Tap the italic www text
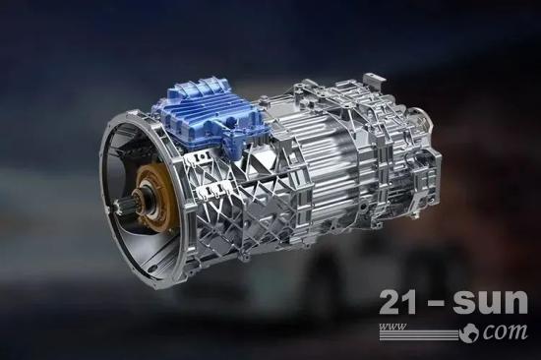click(392, 327)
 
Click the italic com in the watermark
click(505, 331)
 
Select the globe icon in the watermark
click(470, 333)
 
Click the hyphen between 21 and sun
click(436, 304)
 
